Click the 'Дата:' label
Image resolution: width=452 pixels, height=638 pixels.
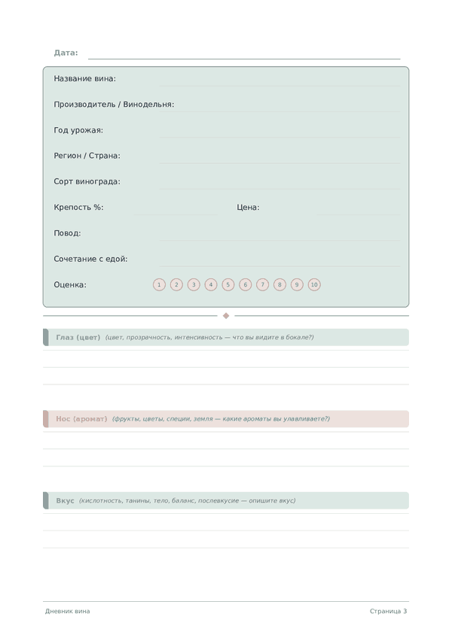pyautogui.click(x=66, y=53)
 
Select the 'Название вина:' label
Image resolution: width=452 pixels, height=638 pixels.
pyautogui.click(x=84, y=78)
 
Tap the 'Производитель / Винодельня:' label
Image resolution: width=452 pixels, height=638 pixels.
pyautogui.click(x=114, y=105)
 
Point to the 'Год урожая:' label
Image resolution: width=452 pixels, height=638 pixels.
pyautogui.click(x=78, y=130)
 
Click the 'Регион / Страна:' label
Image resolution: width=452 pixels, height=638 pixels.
pyautogui.click(x=87, y=156)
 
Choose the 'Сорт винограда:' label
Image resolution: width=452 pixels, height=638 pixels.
pyautogui.click(x=87, y=181)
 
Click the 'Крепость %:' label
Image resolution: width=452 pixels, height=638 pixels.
pyautogui.click(x=78, y=208)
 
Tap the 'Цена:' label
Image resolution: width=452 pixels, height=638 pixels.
pyautogui.click(x=248, y=208)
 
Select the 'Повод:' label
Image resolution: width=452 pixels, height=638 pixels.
pyautogui.click(x=67, y=233)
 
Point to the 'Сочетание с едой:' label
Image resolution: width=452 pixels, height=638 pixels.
pyautogui.click(x=90, y=259)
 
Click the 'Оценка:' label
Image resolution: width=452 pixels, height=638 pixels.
pyautogui.click(x=70, y=285)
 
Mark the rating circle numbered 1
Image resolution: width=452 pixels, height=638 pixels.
pyautogui.click(x=159, y=284)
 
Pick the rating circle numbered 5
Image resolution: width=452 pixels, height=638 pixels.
pyautogui.click(x=228, y=284)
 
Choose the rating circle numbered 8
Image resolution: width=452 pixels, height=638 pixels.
pyautogui.click(x=279, y=284)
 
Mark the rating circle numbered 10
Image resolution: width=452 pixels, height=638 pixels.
pyautogui.click(x=314, y=284)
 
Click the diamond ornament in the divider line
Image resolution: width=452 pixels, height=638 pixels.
pyautogui.click(x=226, y=316)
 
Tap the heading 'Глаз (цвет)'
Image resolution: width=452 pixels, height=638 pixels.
pyautogui.click(x=78, y=337)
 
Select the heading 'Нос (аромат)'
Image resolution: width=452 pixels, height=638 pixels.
pyautogui.click(x=81, y=419)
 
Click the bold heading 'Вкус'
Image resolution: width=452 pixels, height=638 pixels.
pyautogui.click(x=65, y=500)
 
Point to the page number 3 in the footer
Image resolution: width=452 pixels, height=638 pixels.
pyautogui.click(x=405, y=612)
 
